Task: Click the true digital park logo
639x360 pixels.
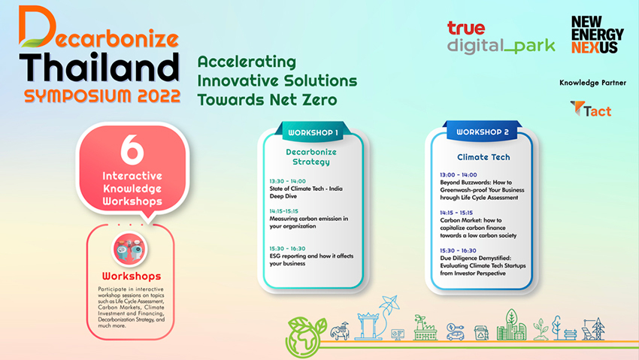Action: [x=501, y=38]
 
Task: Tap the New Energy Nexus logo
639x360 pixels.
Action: [x=598, y=35]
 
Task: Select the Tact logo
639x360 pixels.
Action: [x=591, y=109]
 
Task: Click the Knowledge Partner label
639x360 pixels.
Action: [x=592, y=83]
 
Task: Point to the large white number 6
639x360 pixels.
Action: [x=132, y=150]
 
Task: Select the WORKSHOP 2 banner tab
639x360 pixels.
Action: [x=483, y=132]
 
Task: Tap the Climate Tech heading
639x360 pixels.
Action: [x=483, y=157]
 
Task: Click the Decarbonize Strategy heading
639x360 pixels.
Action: [x=311, y=157]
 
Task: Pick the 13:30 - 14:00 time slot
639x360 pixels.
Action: [x=287, y=181]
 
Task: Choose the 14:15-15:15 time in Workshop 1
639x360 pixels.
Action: [x=283, y=211]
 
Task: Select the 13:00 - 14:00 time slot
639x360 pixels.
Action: [x=458, y=174]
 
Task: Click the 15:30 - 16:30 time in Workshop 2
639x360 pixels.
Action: [x=458, y=250]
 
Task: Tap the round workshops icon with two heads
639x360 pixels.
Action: [x=130, y=249]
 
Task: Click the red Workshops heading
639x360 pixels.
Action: [x=132, y=276]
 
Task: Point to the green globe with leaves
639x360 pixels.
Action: [x=306, y=337]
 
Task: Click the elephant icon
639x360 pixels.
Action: [x=340, y=331]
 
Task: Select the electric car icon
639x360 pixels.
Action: [x=456, y=332]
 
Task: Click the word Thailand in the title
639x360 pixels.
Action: [x=99, y=67]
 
